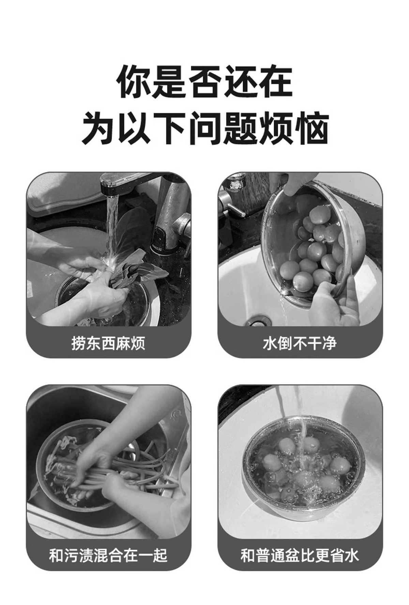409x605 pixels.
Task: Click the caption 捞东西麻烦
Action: click(x=108, y=342)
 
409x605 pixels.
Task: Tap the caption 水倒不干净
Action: click(x=300, y=342)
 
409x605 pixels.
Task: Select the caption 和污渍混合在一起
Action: click(x=108, y=555)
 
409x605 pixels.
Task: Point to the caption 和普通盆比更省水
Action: click(x=300, y=555)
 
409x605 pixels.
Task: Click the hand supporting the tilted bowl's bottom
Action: click(x=337, y=300)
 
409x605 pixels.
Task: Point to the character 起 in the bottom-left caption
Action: click(x=160, y=555)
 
